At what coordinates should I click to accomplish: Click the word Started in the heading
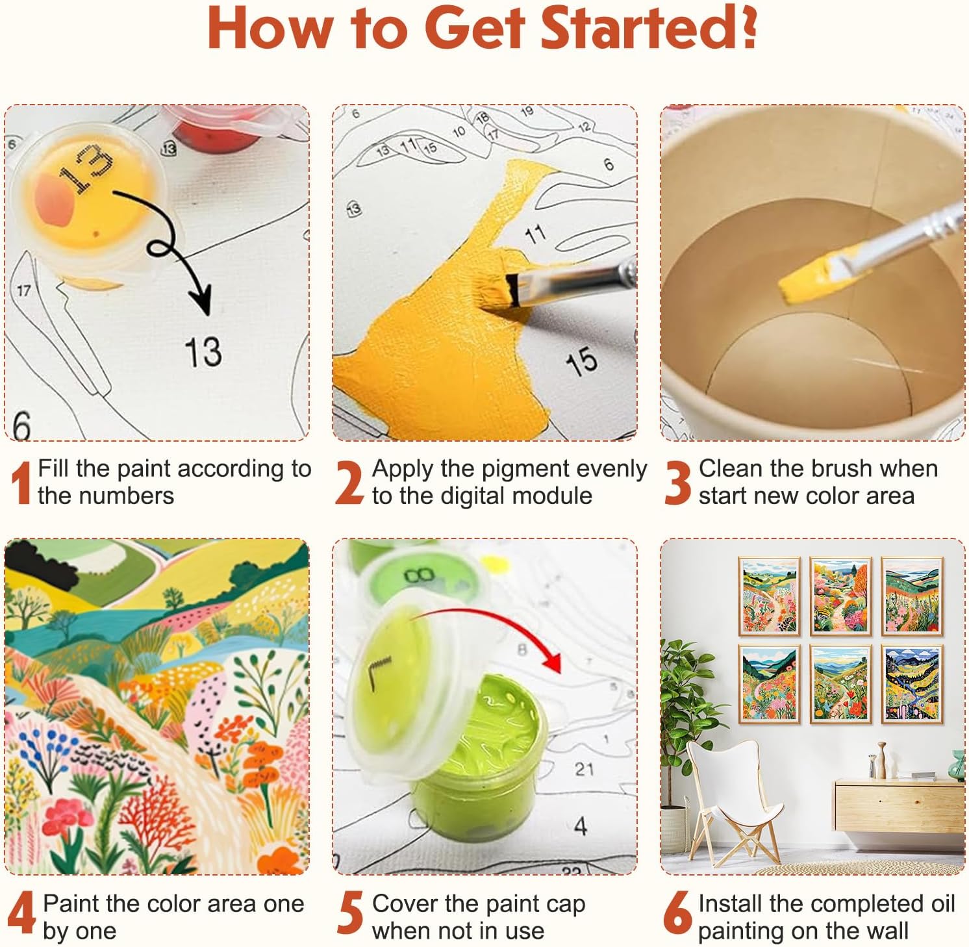click(649, 28)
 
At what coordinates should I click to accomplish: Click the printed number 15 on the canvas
click(581, 361)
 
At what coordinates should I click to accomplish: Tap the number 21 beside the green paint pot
click(584, 769)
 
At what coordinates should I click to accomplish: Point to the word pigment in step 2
click(525, 469)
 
